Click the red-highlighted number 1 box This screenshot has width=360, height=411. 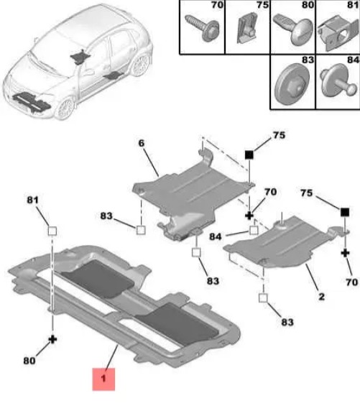(103, 379)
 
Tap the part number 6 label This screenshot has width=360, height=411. (142, 143)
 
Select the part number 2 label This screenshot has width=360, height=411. (321, 297)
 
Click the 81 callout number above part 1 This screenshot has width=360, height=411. (32, 200)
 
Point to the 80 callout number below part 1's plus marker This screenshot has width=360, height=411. (29, 361)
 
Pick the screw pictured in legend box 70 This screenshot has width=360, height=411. (203, 28)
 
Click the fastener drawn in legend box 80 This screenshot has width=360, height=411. (293, 28)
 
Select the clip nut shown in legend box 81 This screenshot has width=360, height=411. (338, 32)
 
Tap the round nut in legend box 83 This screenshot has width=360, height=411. (292, 84)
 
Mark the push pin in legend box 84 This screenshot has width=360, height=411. (338, 81)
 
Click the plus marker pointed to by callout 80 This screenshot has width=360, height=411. (52, 340)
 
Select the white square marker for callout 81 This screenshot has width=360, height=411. (52, 231)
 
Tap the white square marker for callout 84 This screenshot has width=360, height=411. (254, 230)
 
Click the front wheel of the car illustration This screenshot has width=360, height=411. (65, 108)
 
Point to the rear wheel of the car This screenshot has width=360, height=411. (141, 65)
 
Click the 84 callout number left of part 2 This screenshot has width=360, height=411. (216, 237)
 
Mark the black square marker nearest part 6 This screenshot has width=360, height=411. (249, 155)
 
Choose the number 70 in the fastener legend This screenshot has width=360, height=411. (217, 5)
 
